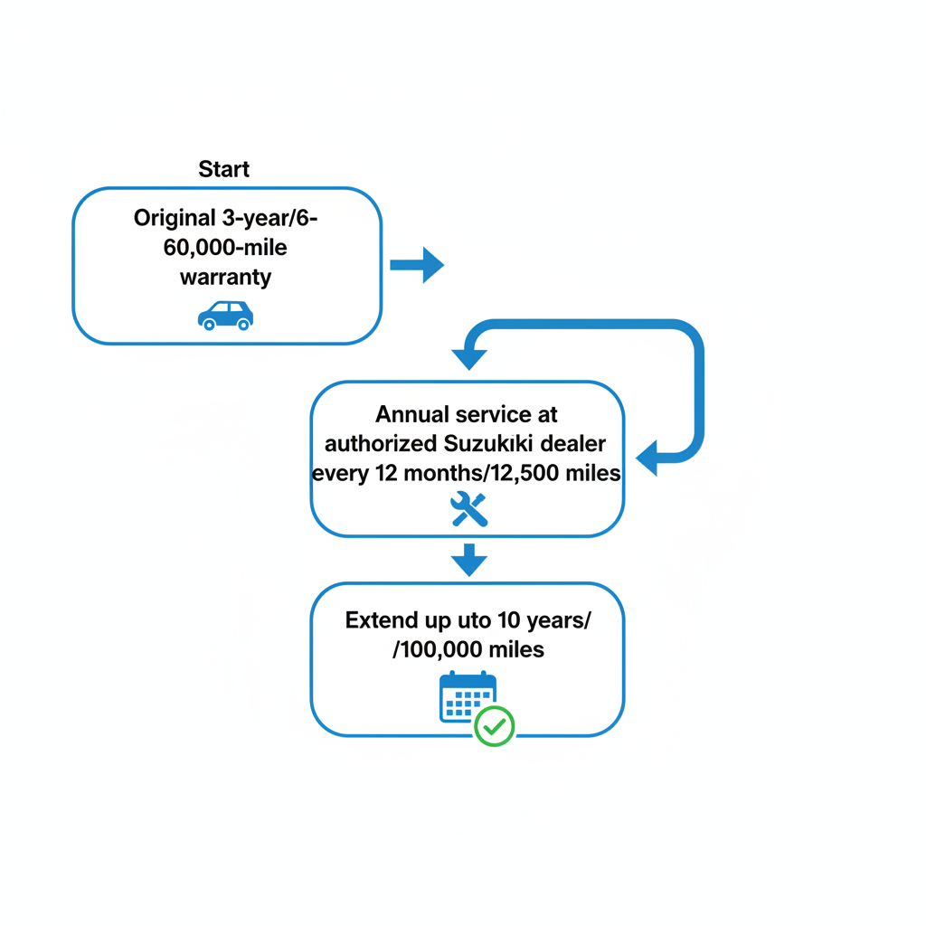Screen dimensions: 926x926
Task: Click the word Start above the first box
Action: click(223, 169)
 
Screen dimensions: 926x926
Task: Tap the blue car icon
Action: click(225, 315)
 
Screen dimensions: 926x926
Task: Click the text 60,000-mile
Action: click(225, 247)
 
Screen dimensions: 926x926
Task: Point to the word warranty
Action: click(225, 277)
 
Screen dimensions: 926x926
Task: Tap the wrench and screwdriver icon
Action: click(468, 509)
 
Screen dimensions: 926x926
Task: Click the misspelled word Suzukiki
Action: click(495, 444)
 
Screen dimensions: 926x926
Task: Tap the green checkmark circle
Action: click(495, 726)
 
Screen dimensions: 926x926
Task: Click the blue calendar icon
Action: click(466, 697)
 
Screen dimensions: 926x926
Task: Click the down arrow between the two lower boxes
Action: click(468, 560)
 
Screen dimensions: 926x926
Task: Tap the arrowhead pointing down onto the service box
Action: click(468, 358)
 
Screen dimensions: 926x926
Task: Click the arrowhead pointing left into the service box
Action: click(647, 458)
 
